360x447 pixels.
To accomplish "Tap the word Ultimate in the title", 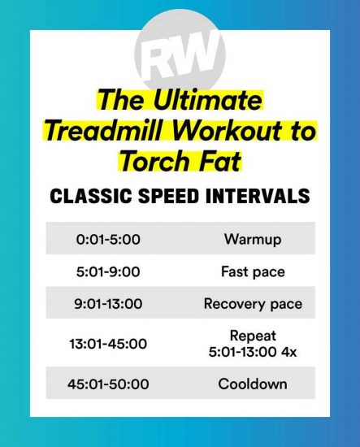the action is click(207, 100).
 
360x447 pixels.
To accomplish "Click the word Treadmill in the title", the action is click(106, 131).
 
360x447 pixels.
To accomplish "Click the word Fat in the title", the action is click(219, 161).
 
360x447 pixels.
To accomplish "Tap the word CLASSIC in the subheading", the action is click(91, 196).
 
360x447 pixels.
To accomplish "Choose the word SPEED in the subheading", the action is click(168, 196).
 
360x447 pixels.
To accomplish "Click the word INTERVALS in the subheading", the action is click(258, 196).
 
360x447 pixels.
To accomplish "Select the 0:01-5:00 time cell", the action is click(108, 239).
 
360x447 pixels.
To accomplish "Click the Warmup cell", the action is click(253, 239).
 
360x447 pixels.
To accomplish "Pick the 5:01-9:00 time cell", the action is click(108, 271).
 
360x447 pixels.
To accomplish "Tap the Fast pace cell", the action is click(253, 271).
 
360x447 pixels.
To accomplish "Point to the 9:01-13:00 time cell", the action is click(108, 304).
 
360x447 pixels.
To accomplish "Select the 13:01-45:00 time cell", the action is click(108, 344).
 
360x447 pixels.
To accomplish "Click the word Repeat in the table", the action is click(253, 336).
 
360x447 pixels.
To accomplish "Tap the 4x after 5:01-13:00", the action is click(289, 352).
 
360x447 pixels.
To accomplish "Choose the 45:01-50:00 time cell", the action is click(108, 384).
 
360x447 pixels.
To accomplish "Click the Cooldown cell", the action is click(253, 384).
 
